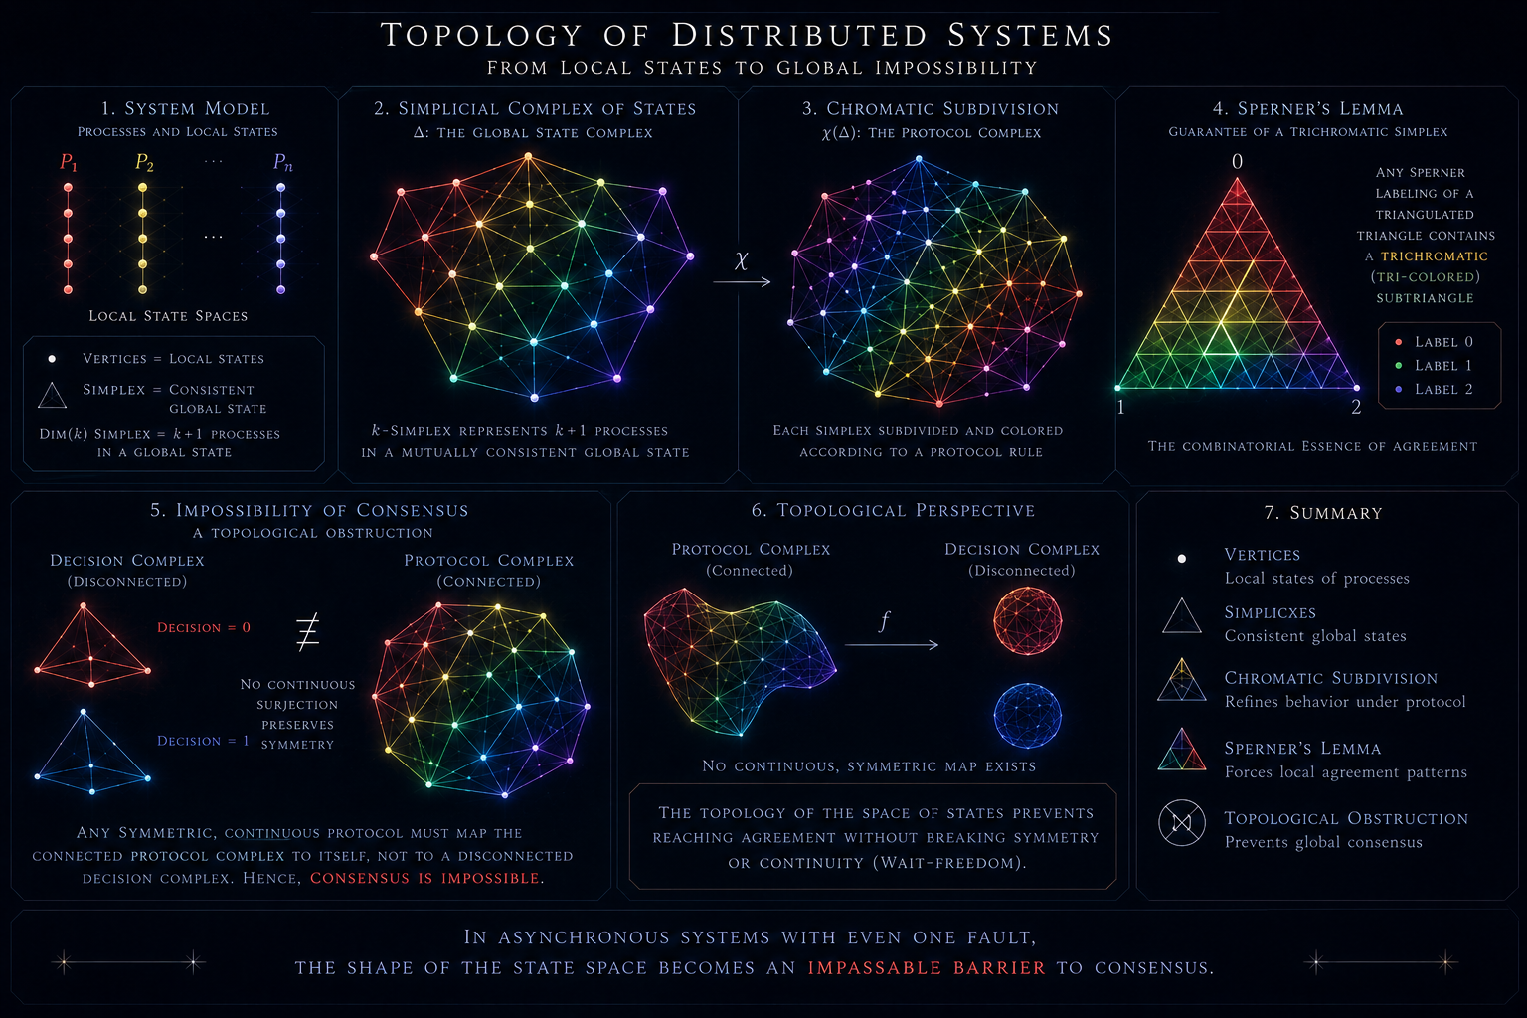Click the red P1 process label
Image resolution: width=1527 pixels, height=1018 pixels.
69,162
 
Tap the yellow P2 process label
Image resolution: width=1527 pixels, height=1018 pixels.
144,162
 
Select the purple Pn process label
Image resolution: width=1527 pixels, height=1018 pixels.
283,162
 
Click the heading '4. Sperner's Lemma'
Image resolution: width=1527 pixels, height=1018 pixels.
1307,108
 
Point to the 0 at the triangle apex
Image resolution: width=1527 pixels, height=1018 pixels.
1238,162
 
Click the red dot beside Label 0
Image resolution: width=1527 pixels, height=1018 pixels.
1399,342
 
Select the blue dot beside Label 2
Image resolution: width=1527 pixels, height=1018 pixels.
1399,389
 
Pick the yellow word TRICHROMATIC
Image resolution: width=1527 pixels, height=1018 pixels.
1435,256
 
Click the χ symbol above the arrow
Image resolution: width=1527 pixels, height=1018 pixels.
742,260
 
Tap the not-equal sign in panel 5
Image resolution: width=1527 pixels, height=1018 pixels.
307,632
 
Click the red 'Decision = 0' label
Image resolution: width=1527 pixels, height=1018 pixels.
204,627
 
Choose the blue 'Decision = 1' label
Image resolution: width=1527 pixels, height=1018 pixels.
203,741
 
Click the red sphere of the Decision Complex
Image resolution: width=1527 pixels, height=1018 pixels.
1027,621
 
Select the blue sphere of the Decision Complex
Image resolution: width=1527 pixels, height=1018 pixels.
1027,716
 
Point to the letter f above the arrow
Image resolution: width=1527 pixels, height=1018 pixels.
884,621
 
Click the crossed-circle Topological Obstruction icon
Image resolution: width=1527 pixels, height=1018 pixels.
1182,822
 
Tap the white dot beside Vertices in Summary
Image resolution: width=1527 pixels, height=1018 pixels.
1182,559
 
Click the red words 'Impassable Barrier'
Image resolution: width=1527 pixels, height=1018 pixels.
927,967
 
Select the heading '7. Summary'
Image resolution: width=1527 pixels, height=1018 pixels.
1323,513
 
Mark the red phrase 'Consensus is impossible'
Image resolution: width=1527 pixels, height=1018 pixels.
424,878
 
